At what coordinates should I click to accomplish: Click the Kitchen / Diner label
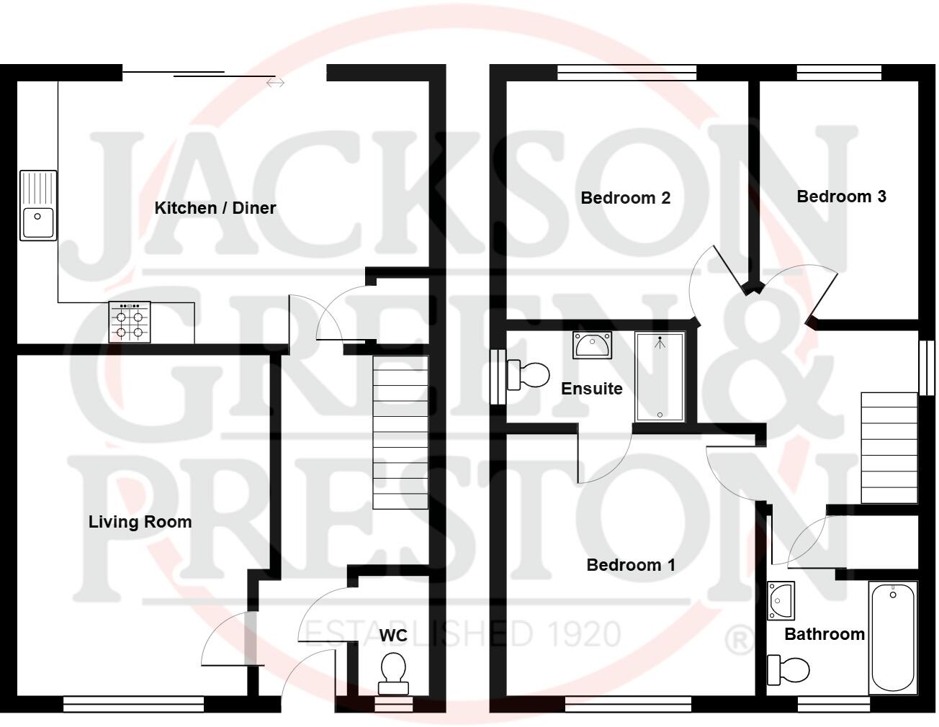(215, 208)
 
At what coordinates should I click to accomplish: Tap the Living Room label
(140, 522)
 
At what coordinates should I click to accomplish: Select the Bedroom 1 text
(631, 565)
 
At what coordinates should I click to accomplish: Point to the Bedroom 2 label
(625, 197)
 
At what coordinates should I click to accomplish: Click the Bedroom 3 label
(840, 197)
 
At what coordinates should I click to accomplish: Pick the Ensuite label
(591, 389)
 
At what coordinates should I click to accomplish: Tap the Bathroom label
(824, 634)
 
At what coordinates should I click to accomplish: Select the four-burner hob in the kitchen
(130, 322)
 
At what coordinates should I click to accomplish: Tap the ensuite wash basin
(592, 345)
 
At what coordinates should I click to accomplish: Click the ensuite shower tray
(659, 376)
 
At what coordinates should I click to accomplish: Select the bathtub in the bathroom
(892, 638)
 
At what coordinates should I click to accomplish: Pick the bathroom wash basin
(781, 600)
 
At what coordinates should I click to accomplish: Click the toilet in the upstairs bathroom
(788, 669)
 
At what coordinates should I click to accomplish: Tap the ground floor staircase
(400, 433)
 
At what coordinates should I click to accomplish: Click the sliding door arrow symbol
(276, 83)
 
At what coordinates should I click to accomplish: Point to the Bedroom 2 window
(626, 72)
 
